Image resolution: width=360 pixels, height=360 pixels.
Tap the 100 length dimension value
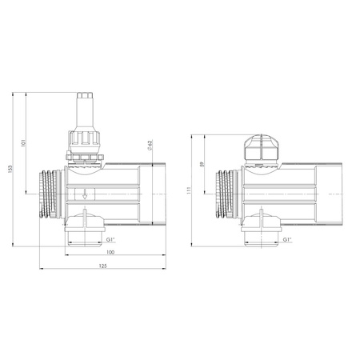(110, 253)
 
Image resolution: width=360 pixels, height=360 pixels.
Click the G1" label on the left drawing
(111, 238)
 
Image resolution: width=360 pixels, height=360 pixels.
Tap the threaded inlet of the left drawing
(50, 193)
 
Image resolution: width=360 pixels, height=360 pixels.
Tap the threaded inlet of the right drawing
(226, 193)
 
